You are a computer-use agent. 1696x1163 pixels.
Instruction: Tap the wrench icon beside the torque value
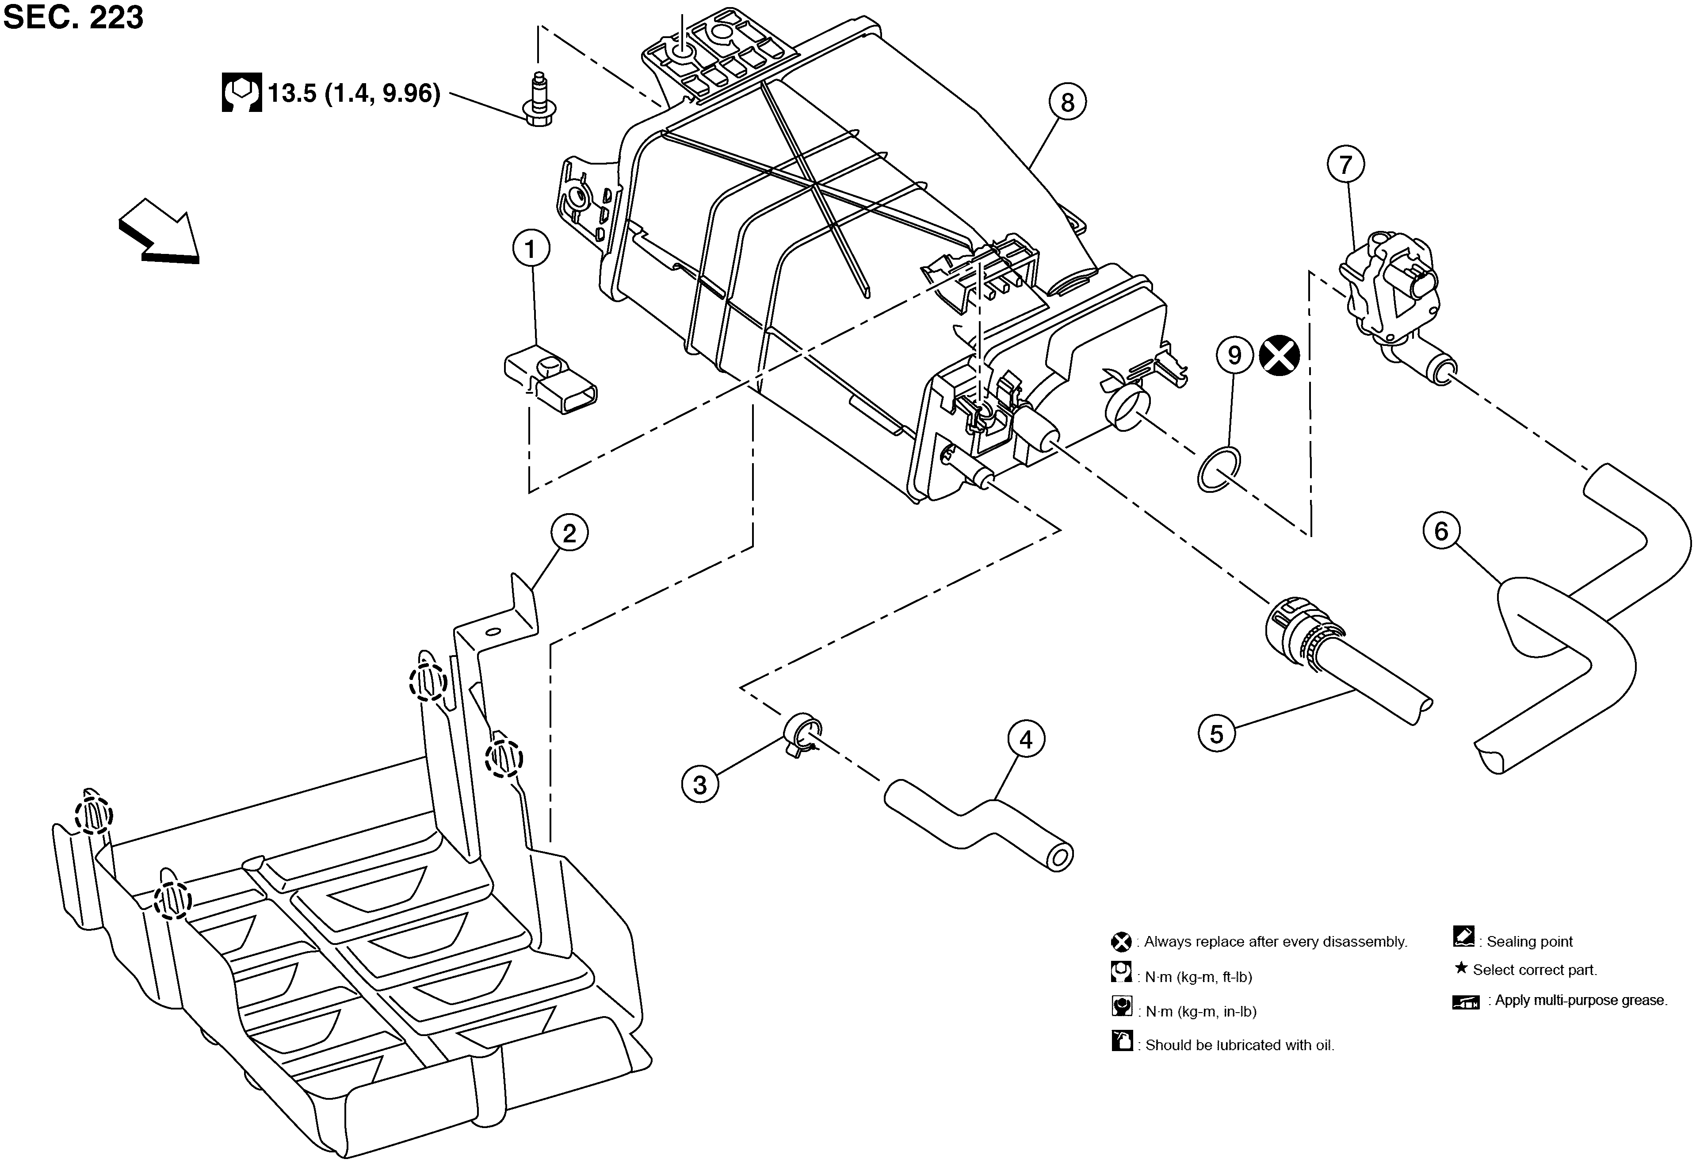[x=241, y=93]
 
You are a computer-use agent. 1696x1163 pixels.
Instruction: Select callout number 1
[x=531, y=249]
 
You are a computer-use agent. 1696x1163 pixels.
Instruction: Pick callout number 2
[x=569, y=534]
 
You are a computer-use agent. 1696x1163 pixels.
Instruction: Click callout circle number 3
[x=700, y=785]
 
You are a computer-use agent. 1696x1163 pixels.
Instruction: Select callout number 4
[x=1026, y=740]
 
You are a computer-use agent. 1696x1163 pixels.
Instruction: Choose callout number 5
[x=1217, y=734]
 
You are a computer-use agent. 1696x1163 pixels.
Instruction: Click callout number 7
[x=1346, y=165]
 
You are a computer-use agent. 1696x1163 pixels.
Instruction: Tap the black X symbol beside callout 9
[x=1280, y=356]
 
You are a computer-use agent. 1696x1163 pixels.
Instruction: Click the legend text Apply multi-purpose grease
[x=1581, y=1000]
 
